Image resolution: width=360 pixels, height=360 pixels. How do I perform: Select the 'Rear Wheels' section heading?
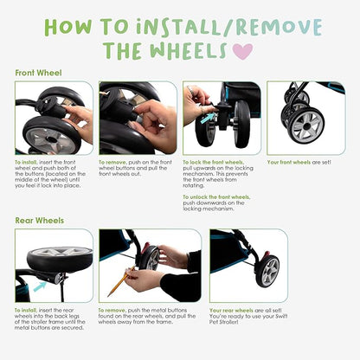[x=38, y=220]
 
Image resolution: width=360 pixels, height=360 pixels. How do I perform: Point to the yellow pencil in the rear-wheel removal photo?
[x=117, y=282]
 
